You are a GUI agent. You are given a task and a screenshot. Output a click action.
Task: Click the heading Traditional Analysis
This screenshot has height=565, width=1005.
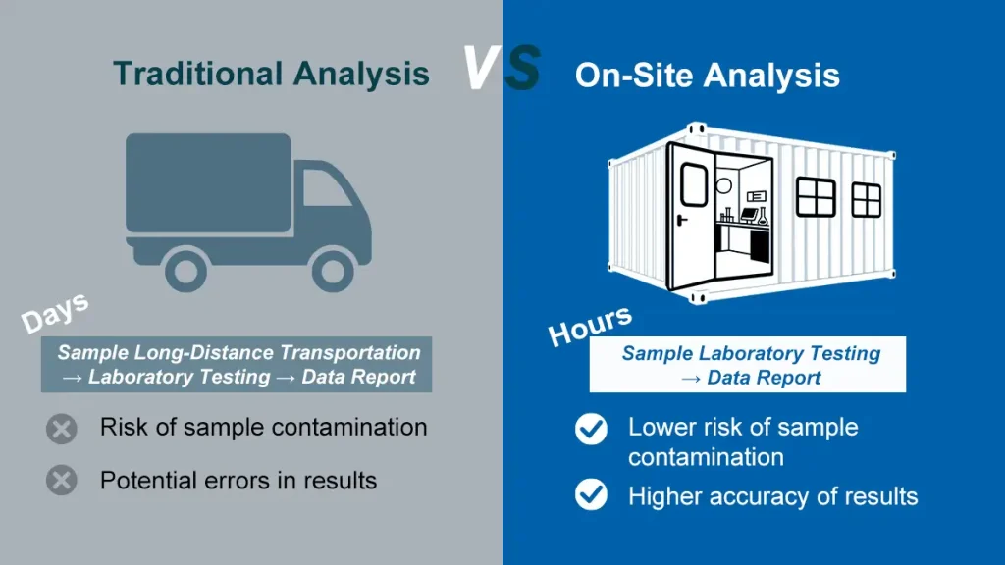(x=271, y=74)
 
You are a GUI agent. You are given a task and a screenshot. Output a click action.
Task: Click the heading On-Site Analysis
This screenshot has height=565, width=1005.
(x=707, y=77)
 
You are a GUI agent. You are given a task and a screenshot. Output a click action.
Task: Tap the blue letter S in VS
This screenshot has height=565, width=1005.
(x=521, y=68)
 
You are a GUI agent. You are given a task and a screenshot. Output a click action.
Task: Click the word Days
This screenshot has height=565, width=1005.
(x=55, y=313)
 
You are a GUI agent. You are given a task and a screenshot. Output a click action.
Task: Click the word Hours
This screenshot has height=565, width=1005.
(x=589, y=326)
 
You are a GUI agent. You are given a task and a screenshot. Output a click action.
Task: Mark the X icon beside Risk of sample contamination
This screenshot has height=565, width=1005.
(x=62, y=429)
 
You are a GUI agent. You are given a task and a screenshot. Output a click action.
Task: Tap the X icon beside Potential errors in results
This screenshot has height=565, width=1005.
(x=62, y=481)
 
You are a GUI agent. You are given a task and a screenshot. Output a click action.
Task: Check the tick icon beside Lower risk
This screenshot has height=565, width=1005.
(x=591, y=429)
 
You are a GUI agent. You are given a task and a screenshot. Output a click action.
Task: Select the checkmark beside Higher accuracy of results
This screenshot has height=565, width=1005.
(x=591, y=495)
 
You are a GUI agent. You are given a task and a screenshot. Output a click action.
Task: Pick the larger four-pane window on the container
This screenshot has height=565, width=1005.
(x=815, y=196)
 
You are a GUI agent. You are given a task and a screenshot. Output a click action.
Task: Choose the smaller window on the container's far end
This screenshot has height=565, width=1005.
(x=866, y=199)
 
